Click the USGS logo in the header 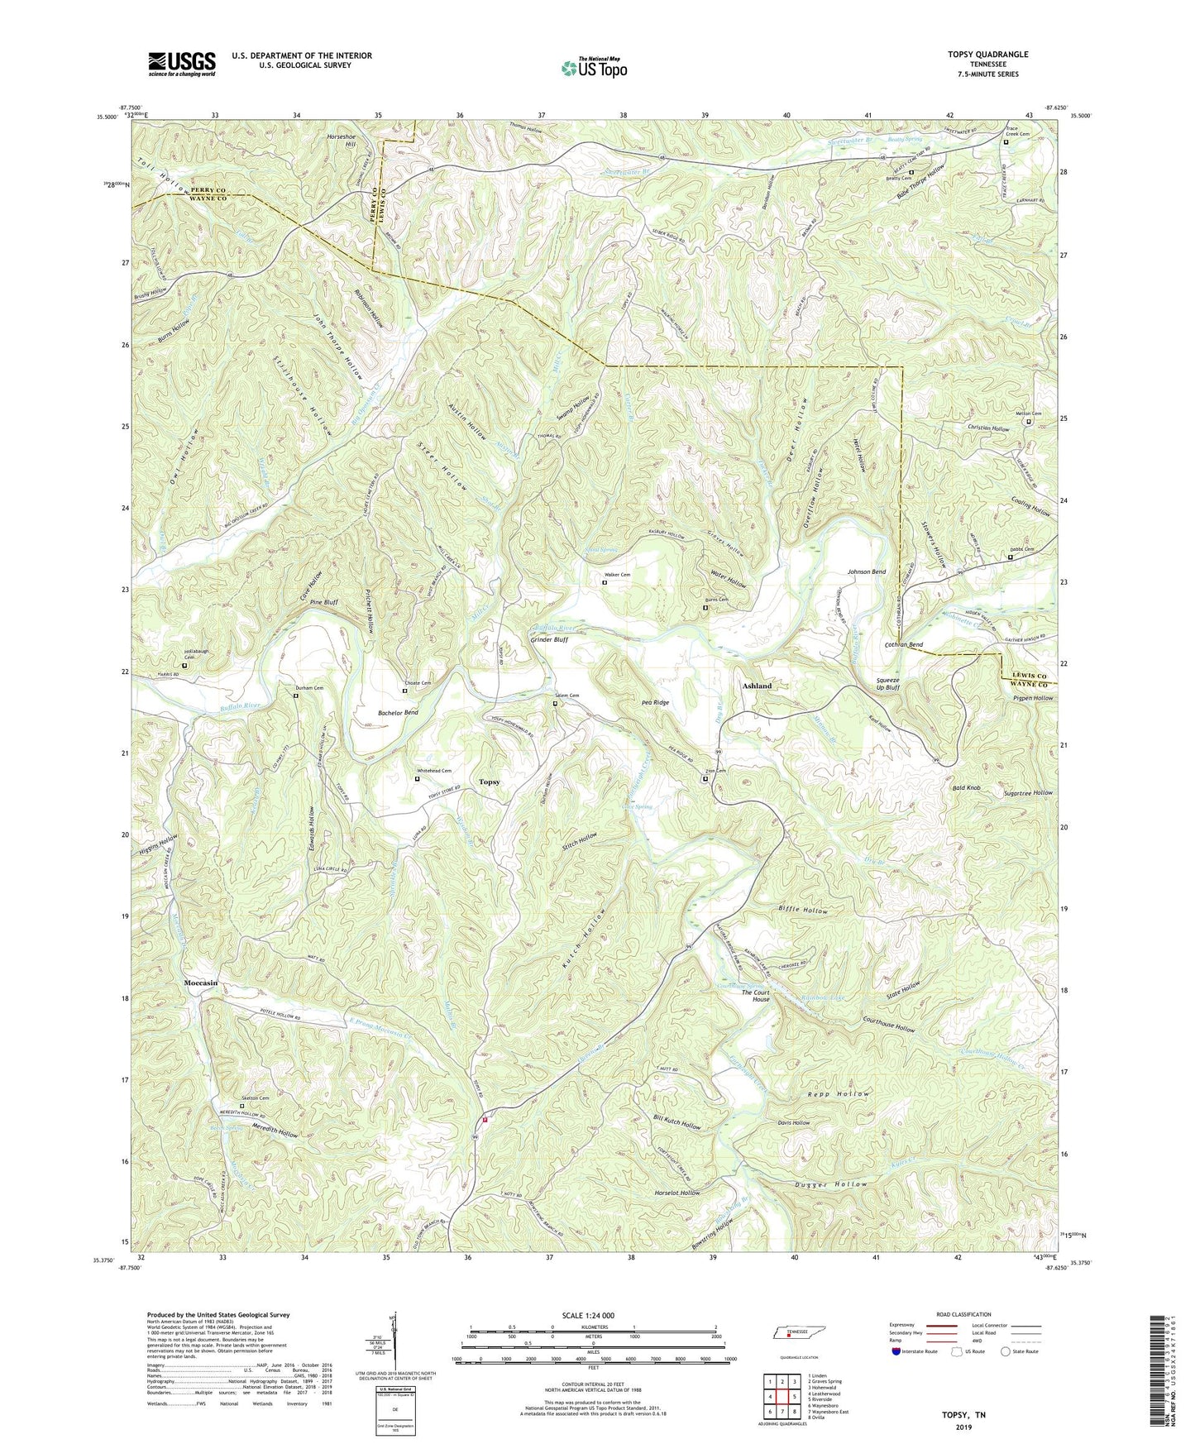click(182, 64)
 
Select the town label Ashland click(757, 686)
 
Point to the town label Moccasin click(201, 983)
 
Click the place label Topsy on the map click(490, 782)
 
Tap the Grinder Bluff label click(549, 639)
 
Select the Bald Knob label click(966, 788)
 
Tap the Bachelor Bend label click(398, 712)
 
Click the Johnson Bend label click(866, 571)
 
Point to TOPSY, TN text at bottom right click(963, 1415)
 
